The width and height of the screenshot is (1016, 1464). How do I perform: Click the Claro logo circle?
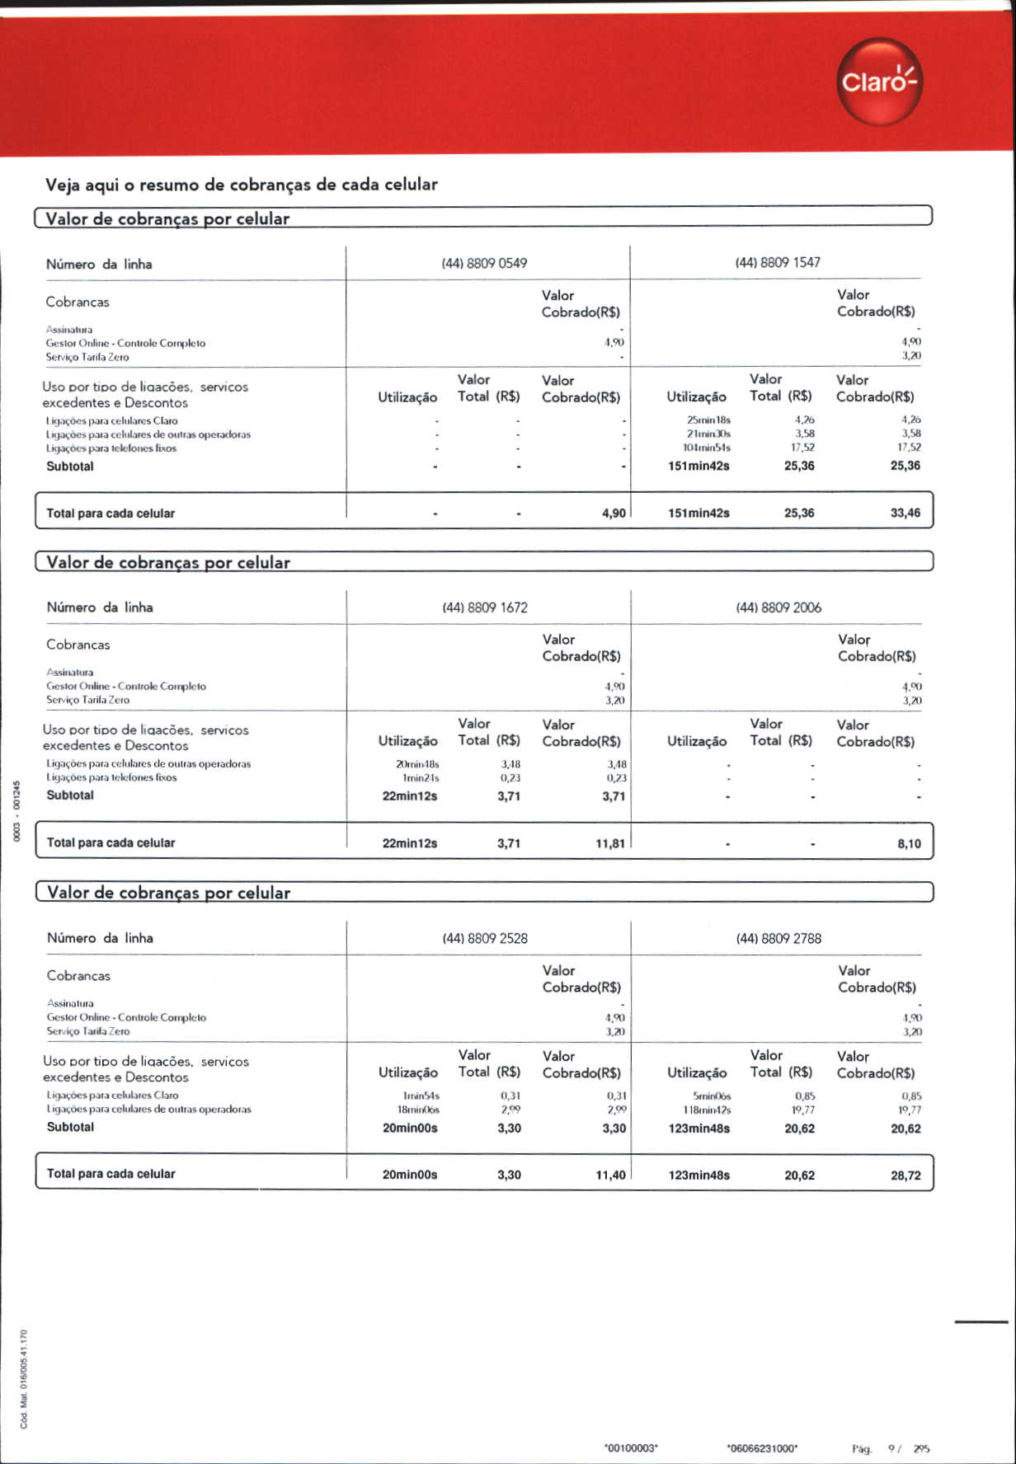coord(878,82)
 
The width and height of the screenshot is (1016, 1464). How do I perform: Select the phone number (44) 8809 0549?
coord(484,264)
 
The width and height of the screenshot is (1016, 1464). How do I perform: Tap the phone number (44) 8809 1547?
coord(778,262)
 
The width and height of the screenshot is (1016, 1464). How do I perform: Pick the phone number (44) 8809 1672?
coord(485,608)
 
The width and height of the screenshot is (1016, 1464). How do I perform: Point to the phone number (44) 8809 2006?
coord(778,608)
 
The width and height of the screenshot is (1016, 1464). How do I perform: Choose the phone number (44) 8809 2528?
coord(485,938)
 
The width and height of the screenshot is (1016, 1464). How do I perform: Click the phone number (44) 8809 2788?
coord(778,938)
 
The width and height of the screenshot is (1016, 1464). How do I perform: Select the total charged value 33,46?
coord(905,513)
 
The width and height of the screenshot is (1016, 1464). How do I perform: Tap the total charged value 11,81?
coord(610,843)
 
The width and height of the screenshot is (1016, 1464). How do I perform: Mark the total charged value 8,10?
coord(909,843)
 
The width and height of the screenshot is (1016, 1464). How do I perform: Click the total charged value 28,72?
coord(905,1175)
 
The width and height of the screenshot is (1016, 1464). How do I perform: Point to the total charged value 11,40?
coord(610,1175)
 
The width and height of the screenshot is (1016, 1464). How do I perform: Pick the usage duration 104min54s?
coord(708,448)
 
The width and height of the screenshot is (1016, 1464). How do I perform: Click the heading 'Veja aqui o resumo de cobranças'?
coord(242,185)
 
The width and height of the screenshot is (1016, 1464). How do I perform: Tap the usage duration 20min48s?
coord(417,764)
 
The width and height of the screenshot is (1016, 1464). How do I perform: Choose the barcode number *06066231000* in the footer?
coord(762,1448)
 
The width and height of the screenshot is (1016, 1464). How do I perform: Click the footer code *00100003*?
coord(631,1448)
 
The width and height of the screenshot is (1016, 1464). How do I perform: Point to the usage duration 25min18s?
coord(708,420)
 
